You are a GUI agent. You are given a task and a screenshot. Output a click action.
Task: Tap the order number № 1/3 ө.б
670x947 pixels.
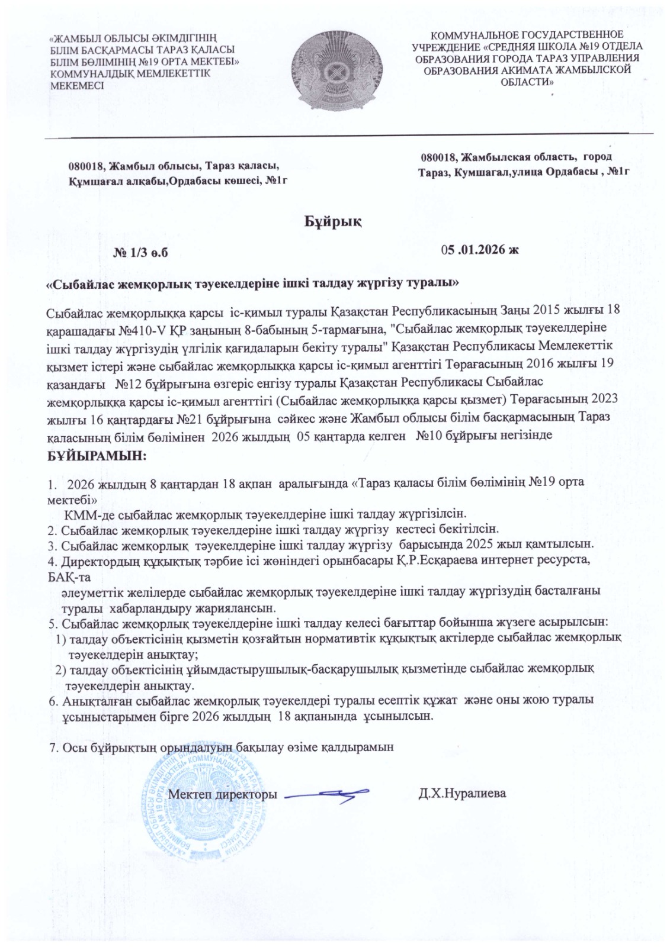141,253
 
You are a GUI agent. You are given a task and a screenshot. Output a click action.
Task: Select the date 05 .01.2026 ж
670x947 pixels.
480,250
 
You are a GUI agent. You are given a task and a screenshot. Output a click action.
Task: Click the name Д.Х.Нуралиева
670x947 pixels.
462,793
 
